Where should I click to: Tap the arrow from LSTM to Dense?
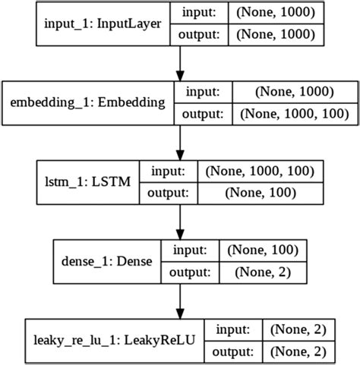pyautogui.click(x=179, y=219)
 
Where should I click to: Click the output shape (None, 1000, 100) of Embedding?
pyautogui.click(x=294, y=115)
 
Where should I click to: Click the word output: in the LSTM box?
pyautogui.click(x=169, y=192)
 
